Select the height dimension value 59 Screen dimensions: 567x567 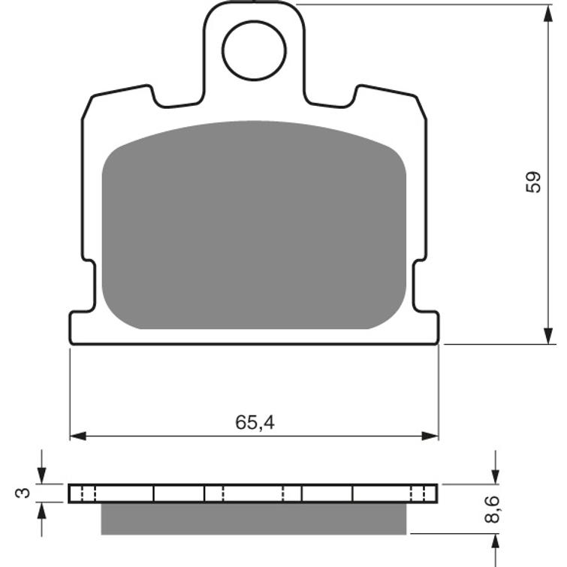click(532, 182)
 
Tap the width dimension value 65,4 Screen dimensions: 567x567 click(254, 423)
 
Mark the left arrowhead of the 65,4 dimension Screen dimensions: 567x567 click(76, 436)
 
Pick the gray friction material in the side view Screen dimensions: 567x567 click(254, 518)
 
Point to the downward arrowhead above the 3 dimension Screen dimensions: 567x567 click(41, 477)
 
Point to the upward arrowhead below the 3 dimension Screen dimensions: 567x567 click(41, 510)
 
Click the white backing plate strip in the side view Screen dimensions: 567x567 click(254, 493)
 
